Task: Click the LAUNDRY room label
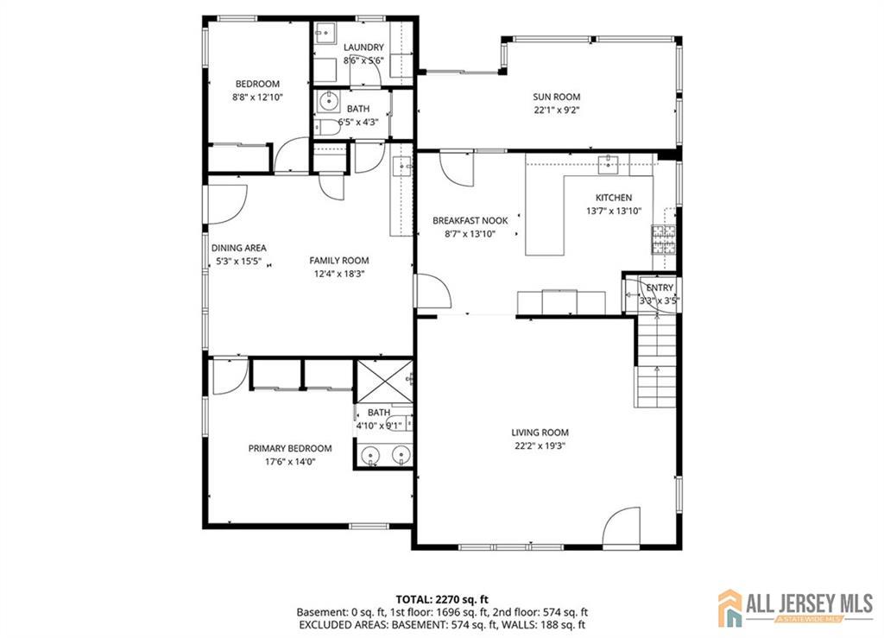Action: (x=363, y=47)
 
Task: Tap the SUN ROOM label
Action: (x=557, y=97)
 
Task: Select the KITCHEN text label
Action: (x=614, y=198)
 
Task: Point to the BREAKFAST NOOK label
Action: (x=470, y=221)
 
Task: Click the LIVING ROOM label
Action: (x=540, y=433)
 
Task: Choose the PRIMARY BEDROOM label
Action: (x=290, y=449)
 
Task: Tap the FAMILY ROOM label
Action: (x=339, y=261)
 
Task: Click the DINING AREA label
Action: (x=239, y=248)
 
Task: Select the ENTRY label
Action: (x=660, y=288)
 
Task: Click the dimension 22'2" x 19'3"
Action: (x=540, y=446)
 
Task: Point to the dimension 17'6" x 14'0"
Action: (x=290, y=462)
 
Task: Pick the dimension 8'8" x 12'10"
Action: (x=257, y=98)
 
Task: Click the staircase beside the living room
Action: (x=656, y=362)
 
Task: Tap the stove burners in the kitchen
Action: (x=664, y=239)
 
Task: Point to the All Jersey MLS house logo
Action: (x=729, y=608)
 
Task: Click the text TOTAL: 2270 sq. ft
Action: (x=442, y=599)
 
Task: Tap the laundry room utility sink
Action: (x=325, y=33)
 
